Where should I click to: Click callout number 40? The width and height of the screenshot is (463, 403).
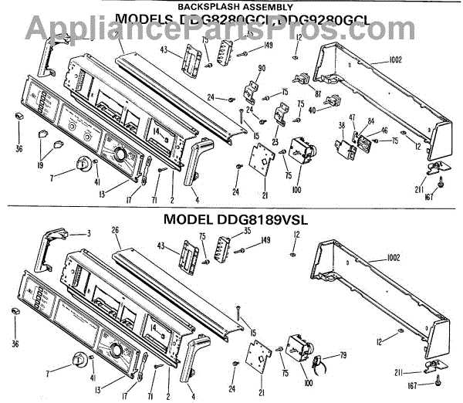click(312, 110)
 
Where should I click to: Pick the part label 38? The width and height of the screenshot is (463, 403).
click(341, 125)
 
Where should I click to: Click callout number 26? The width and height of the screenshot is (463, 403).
click(114, 229)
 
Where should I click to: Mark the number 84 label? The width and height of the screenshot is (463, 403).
click(371, 120)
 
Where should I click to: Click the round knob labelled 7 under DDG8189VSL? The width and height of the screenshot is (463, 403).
click(79, 361)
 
